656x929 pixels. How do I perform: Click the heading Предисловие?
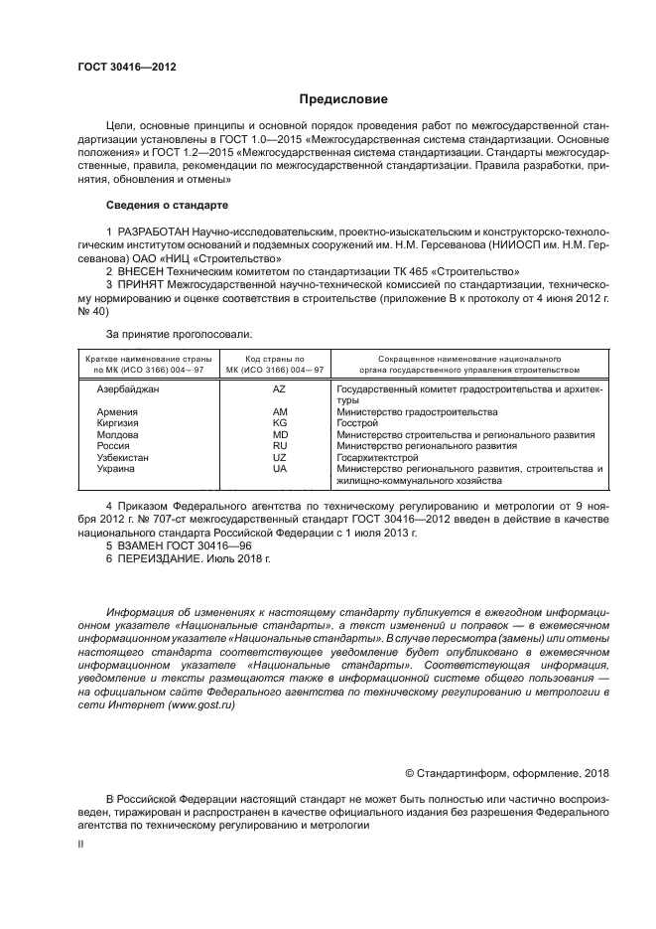(x=337, y=99)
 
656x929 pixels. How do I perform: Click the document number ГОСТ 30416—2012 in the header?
(x=127, y=67)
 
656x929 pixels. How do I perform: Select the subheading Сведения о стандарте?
(x=167, y=205)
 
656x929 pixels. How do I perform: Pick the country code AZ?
(x=279, y=389)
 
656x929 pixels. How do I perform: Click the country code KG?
(x=279, y=423)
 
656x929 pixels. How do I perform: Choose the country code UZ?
(x=279, y=457)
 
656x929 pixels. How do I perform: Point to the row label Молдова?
(x=117, y=434)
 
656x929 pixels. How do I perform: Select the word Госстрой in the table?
(x=357, y=423)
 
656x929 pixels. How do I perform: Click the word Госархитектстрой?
(x=377, y=457)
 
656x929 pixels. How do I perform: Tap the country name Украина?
(x=116, y=468)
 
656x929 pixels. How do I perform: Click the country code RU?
(x=279, y=446)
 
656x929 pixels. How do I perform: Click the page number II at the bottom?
(x=80, y=843)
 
